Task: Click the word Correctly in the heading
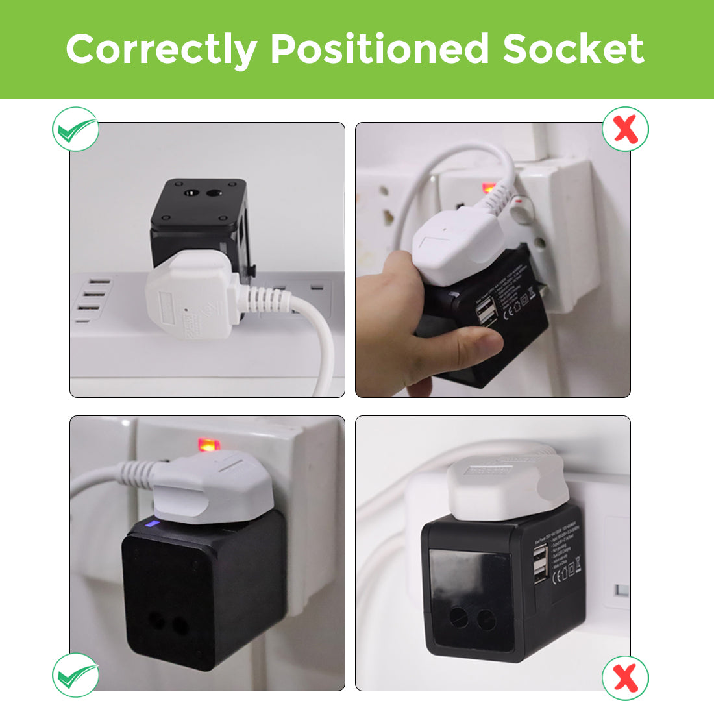coord(161,49)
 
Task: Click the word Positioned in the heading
coord(380,49)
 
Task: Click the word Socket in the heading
coord(573,49)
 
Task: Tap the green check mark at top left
coord(75,130)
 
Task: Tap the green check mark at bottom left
coord(75,675)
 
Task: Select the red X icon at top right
coord(625,130)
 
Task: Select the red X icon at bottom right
coord(625,678)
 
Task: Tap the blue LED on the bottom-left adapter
coord(153,524)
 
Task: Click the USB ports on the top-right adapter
coord(486,314)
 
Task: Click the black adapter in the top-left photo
coord(198,221)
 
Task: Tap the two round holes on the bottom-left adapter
coord(168,624)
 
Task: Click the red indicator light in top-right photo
coord(487,189)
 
